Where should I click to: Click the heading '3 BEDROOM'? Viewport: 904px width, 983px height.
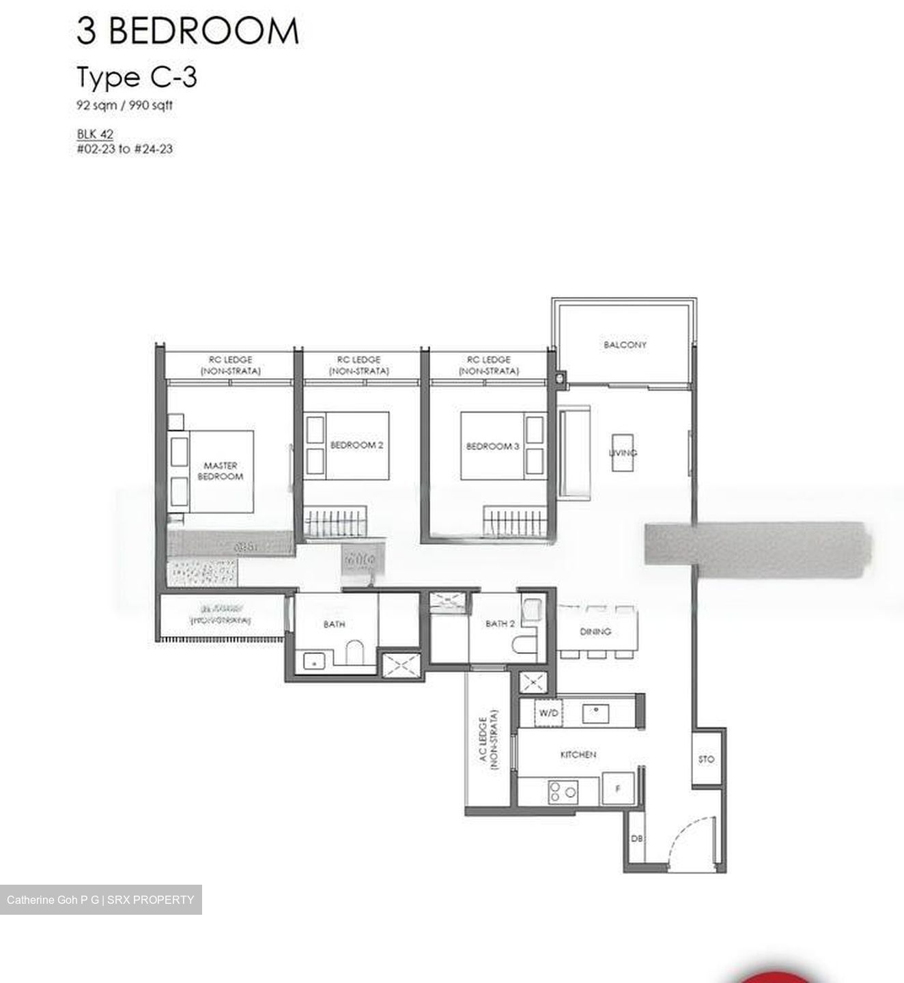coord(188,31)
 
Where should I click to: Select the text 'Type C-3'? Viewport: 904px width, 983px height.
coord(137,77)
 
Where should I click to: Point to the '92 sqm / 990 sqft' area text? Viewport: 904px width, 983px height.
coord(124,105)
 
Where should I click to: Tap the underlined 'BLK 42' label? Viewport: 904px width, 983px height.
coord(95,134)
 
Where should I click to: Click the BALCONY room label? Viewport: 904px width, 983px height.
coord(624,345)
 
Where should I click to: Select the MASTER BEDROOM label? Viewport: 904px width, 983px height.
coord(220,471)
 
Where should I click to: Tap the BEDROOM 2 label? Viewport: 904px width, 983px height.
coord(356,445)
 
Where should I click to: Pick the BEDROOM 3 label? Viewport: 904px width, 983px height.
coord(492,446)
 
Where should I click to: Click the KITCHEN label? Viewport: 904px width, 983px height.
coord(578,754)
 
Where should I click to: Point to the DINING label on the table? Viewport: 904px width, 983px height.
coord(595,631)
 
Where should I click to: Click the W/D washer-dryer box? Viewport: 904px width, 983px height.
coord(549,713)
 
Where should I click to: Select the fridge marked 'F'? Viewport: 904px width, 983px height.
coord(618,789)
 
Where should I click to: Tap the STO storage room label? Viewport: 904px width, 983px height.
coord(707,759)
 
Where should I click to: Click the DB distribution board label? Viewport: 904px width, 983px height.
coord(635,838)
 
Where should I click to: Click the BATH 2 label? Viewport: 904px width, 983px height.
coord(500,624)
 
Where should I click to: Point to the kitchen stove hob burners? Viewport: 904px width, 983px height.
coord(563,792)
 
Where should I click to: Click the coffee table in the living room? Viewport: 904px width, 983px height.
coord(622,452)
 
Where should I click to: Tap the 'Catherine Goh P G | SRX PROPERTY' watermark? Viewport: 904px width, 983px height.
coord(100,900)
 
